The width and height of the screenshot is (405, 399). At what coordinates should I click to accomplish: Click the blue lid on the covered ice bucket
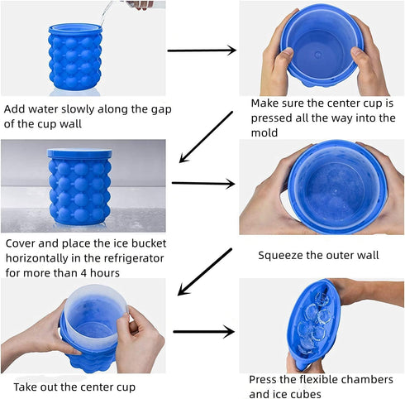[x=79, y=153]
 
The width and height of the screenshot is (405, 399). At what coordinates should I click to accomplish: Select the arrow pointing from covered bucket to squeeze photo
[x=202, y=183]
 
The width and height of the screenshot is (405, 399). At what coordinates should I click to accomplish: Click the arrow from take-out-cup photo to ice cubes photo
[x=202, y=332]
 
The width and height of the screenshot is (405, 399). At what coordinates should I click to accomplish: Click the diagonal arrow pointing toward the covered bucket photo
[x=206, y=137]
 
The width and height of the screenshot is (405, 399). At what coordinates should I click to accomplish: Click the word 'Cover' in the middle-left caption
[x=22, y=243]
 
